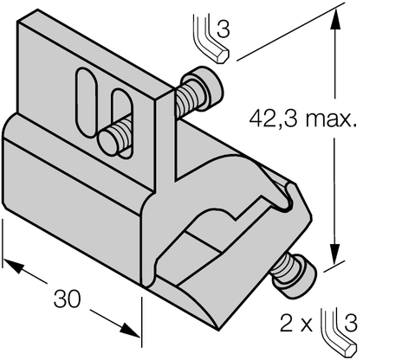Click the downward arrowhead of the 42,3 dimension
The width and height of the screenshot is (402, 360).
pos(332,258)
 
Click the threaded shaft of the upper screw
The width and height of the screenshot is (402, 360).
pos(185,102)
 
